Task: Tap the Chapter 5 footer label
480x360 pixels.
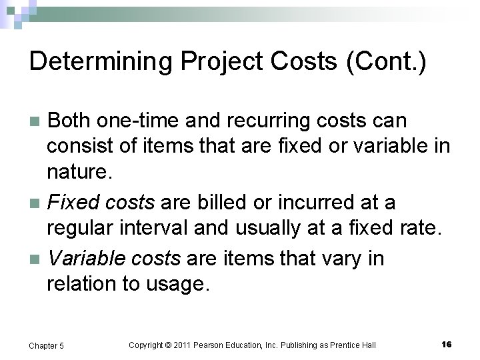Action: click(x=46, y=345)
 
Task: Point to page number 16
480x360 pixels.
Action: click(x=446, y=344)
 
